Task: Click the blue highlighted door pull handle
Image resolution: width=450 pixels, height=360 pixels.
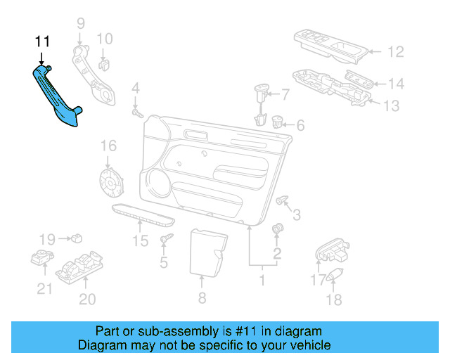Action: point(58,98)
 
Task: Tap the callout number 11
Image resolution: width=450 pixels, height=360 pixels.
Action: point(43,42)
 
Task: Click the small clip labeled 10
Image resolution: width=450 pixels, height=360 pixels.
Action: point(104,65)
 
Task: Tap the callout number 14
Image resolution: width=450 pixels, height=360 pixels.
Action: point(397,84)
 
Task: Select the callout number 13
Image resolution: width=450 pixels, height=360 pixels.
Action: point(390,106)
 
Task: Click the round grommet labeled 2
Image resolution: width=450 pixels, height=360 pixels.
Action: point(278,229)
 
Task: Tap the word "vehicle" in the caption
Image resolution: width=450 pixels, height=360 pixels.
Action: point(307,345)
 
